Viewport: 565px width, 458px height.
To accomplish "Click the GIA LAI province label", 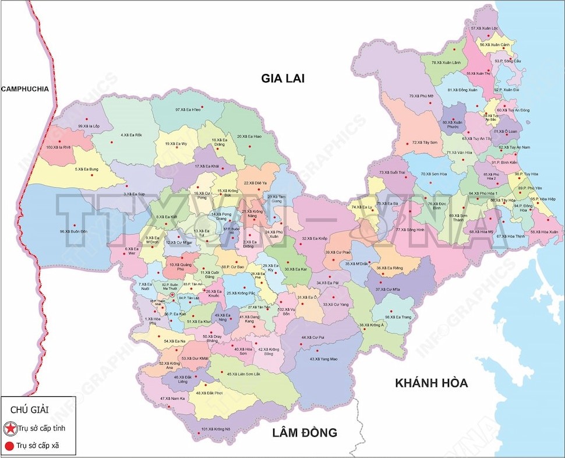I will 283,78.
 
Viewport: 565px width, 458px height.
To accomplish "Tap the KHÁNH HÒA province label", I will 431,383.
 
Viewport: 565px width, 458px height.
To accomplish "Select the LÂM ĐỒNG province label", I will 305,432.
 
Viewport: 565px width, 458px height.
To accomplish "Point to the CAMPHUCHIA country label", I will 24,89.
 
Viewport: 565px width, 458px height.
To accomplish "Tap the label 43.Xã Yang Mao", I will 323,359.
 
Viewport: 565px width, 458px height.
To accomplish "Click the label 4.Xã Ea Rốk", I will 131,135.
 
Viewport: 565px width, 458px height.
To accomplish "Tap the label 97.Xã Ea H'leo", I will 188,110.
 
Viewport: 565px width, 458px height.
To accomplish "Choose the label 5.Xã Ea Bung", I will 87,170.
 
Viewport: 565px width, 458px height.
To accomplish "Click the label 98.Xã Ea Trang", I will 398,317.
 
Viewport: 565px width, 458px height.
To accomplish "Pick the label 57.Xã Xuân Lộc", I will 485,28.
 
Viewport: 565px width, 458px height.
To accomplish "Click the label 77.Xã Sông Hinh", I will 410,230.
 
